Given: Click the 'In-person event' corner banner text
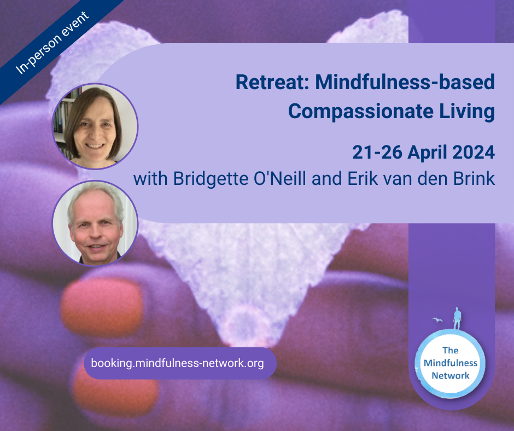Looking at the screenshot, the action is pos(52,43).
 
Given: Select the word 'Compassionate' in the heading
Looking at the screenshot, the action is pos(361,112).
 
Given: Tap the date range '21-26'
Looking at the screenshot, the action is pos(377,153).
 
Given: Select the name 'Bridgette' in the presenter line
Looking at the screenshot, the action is pos(211,179).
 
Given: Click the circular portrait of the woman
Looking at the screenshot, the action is pos(95,126).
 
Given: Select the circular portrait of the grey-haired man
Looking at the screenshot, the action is pos(95,223).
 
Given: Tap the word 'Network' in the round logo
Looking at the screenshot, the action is pos(450,376).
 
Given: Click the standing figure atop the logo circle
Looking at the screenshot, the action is pos(457,319).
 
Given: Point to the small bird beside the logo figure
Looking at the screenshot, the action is pos(437,320).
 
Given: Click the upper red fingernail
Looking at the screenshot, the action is pos(102,307).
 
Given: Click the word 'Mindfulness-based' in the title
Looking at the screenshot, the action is pos(405,82).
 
